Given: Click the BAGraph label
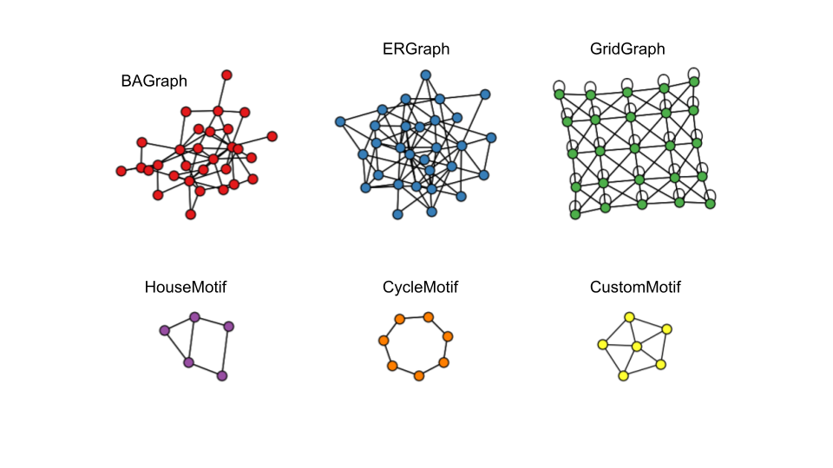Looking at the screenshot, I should pyautogui.click(x=154, y=81).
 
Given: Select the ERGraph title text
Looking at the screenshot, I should pyautogui.click(x=416, y=49).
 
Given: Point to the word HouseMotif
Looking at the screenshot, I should pyautogui.click(x=186, y=287).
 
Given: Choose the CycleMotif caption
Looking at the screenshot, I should pyautogui.click(x=420, y=287).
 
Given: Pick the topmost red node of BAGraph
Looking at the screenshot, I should pyautogui.click(x=227, y=75).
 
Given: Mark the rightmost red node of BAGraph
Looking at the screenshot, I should pyautogui.click(x=272, y=136).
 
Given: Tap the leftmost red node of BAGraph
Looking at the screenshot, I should pyautogui.click(x=121, y=171).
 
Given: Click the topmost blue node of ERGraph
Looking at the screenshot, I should pyautogui.click(x=426, y=75).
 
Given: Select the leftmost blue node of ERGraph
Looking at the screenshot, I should pyautogui.click(x=340, y=121).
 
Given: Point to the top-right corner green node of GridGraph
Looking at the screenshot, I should pyautogui.click(x=694, y=81).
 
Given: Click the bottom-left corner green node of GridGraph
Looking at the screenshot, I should pyautogui.click(x=574, y=213).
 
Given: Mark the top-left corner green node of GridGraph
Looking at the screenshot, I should pyautogui.click(x=559, y=94).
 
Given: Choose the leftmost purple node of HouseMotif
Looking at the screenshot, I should pyautogui.click(x=164, y=330).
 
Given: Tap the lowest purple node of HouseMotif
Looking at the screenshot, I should pyautogui.click(x=222, y=375).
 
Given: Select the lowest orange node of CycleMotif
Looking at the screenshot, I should pyautogui.click(x=419, y=376).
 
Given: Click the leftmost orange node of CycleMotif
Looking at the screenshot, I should pyautogui.click(x=383, y=341).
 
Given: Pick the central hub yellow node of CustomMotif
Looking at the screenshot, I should pyautogui.click(x=637, y=347).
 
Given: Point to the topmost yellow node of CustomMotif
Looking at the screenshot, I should pyautogui.click(x=630, y=317).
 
